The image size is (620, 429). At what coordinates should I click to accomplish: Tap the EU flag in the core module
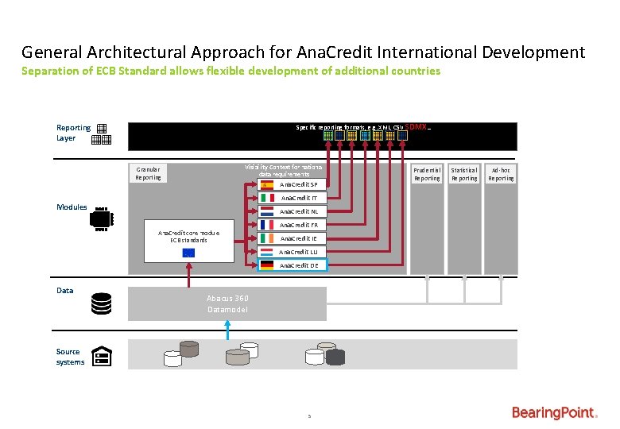click(x=188, y=253)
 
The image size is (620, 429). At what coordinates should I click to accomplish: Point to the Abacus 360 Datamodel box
click(x=227, y=303)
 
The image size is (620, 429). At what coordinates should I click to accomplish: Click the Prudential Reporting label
click(x=427, y=174)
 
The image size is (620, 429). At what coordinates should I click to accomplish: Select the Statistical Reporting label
click(x=464, y=174)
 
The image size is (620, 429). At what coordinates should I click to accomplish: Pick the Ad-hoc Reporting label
click(x=501, y=174)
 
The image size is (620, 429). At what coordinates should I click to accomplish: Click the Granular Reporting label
click(x=148, y=173)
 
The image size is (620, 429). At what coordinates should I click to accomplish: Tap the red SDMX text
click(x=417, y=127)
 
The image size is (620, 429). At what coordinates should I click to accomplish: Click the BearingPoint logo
click(x=554, y=412)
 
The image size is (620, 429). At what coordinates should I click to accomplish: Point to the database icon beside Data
click(x=101, y=303)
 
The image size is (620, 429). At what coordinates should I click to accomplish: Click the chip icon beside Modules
click(x=102, y=219)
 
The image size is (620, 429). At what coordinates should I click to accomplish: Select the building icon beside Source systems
click(x=101, y=357)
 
